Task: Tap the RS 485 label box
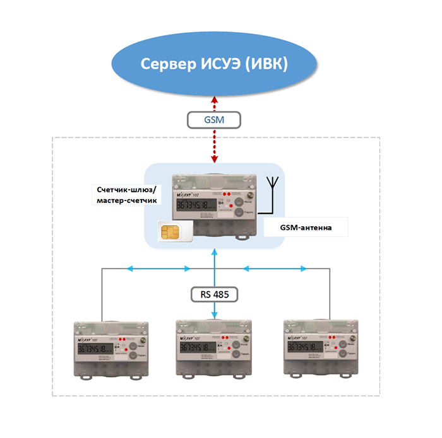(215, 294)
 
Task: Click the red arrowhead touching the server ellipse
(215, 100)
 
